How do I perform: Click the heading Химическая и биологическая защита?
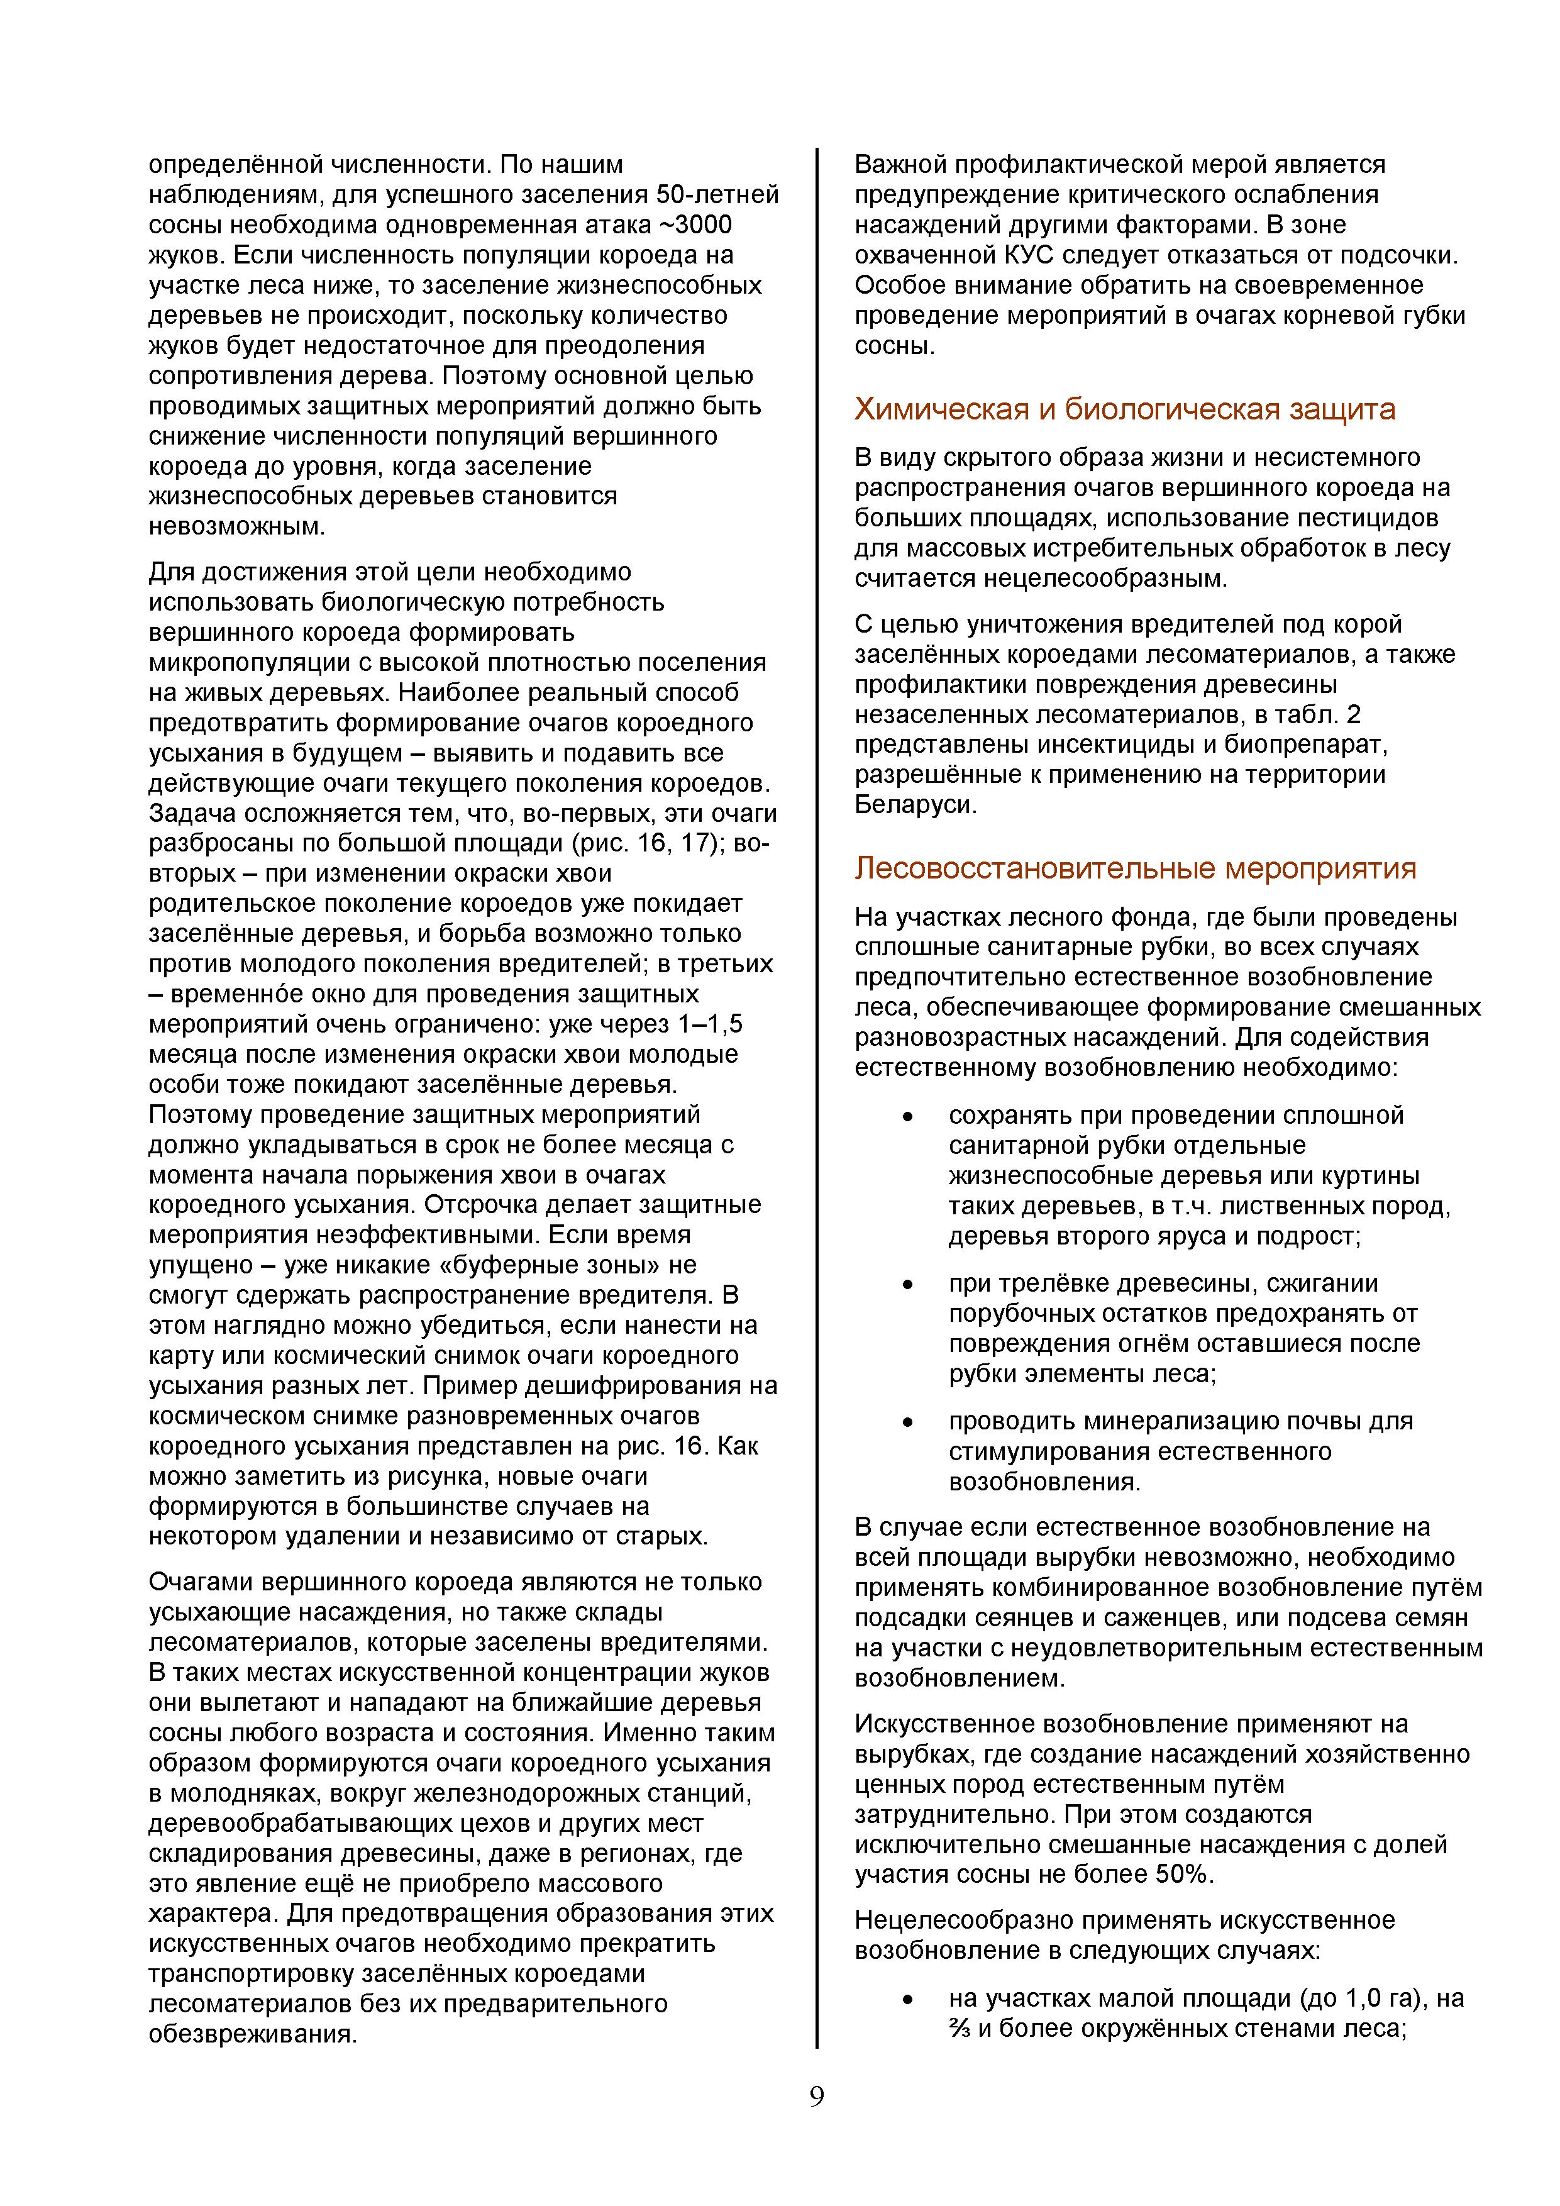coord(1124,409)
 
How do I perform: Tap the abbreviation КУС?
coord(1032,255)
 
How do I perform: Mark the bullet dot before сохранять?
coord(906,1116)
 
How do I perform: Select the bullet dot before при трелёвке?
coord(906,1285)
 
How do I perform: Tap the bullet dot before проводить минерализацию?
coord(906,1422)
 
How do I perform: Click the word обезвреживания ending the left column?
coord(251,2034)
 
